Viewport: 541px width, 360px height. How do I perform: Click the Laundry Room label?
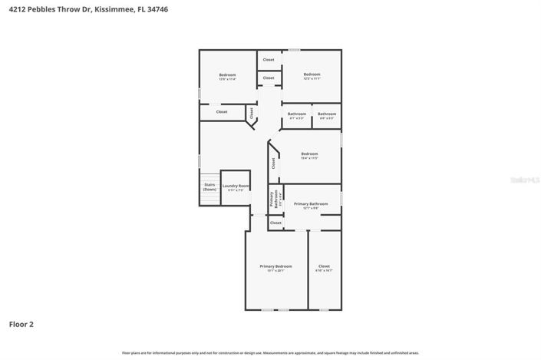pyautogui.click(x=236, y=186)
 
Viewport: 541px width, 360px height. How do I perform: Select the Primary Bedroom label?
pyautogui.click(x=275, y=266)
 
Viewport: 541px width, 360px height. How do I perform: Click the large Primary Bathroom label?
pyautogui.click(x=311, y=203)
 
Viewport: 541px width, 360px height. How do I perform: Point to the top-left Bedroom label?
pyautogui.click(x=227, y=74)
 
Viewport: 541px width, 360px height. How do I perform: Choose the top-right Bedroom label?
pyautogui.click(x=312, y=74)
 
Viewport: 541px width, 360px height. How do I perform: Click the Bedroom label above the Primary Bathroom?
pyautogui.click(x=309, y=154)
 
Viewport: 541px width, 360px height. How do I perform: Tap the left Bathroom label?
pyautogui.click(x=296, y=114)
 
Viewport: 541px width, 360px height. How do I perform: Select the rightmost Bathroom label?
pyautogui.click(x=326, y=114)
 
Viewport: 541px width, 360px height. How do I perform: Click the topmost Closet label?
pyautogui.click(x=269, y=59)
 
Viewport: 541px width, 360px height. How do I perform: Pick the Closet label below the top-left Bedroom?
pyautogui.click(x=222, y=112)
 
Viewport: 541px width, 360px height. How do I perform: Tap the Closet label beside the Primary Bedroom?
pyautogui.click(x=324, y=266)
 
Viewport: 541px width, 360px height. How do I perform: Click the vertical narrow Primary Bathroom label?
pyautogui.click(x=272, y=199)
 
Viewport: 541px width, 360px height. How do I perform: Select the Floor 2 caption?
pyautogui.click(x=21, y=324)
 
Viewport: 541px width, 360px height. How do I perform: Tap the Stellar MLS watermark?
pyautogui.click(x=526, y=179)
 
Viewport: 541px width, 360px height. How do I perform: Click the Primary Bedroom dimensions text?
pyautogui.click(x=275, y=271)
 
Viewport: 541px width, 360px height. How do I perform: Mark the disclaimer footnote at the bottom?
pyautogui.click(x=270, y=353)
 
